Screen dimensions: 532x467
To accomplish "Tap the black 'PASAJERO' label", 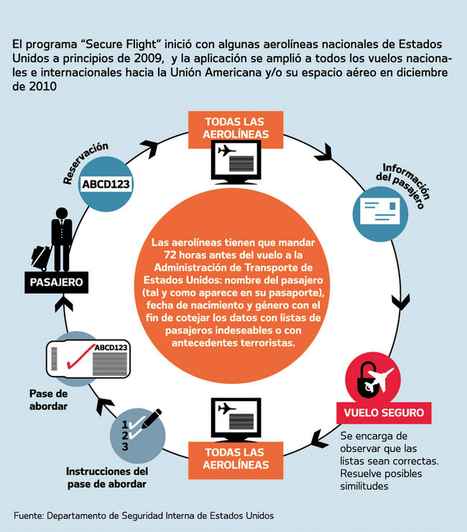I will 56,282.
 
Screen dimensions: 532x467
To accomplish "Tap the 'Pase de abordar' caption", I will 48,400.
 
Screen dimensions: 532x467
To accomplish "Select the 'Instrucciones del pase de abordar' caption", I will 106,478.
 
